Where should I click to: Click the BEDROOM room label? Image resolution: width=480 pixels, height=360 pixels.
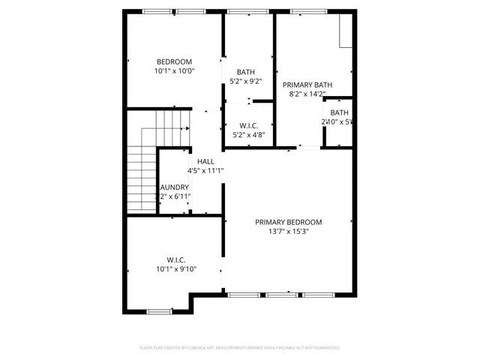click(174, 61)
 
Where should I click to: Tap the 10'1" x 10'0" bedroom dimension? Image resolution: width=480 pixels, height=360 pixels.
click(174, 71)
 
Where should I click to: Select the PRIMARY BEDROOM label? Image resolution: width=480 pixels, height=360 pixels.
click(288, 222)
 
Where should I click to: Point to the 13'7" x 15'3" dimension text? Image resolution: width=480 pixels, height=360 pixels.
click(288, 232)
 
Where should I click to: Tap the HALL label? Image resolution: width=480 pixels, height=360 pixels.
click(205, 161)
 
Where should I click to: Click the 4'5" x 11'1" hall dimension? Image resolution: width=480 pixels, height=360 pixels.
click(205, 171)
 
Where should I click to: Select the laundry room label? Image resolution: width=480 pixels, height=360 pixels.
click(174, 187)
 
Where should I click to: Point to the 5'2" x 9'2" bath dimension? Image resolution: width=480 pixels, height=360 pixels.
click(246, 81)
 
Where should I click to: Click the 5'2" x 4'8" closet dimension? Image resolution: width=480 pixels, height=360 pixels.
click(249, 135)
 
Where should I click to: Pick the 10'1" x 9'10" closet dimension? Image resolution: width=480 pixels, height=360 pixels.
click(175, 268)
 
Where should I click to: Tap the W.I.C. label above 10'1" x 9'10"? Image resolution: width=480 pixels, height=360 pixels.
click(175, 259)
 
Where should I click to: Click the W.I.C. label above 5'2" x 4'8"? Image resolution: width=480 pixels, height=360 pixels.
click(249, 125)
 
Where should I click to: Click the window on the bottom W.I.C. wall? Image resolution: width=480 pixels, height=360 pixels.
click(158, 311)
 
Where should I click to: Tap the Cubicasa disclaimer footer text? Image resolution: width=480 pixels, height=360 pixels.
click(240, 348)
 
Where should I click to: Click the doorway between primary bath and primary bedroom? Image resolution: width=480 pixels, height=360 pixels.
click(307, 148)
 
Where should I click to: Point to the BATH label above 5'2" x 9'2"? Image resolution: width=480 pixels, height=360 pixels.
click(246, 71)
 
